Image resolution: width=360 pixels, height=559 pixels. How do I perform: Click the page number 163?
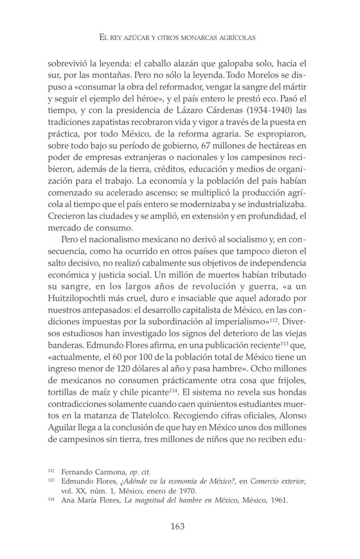click(x=177, y=526)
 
